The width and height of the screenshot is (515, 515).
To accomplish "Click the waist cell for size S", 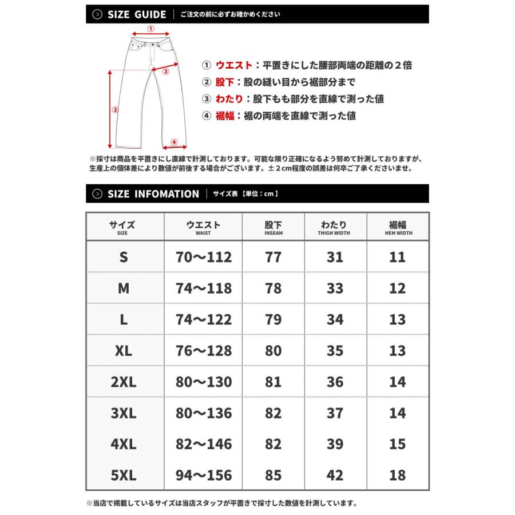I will pyautogui.click(x=203, y=257).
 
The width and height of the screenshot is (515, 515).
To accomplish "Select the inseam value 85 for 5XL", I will pyautogui.click(x=274, y=475).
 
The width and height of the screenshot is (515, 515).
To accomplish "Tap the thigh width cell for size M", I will pyautogui.click(x=335, y=288).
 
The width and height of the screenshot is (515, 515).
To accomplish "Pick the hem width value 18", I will pyautogui.click(x=397, y=475).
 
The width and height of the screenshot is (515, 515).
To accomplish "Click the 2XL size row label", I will pyautogui.click(x=124, y=382).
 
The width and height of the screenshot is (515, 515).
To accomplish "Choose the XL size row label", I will pyautogui.click(x=124, y=351).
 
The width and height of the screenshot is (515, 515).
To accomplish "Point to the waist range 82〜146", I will pyautogui.click(x=203, y=444).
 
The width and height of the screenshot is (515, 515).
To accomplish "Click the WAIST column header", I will pyautogui.click(x=203, y=228).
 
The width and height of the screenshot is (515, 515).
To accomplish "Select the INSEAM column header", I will pyautogui.click(x=274, y=228).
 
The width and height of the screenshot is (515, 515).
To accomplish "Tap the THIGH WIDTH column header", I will pyautogui.click(x=335, y=228).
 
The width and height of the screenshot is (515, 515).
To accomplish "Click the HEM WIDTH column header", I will pyautogui.click(x=397, y=228).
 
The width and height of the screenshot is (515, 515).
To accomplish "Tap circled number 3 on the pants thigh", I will pyautogui.click(x=166, y=72).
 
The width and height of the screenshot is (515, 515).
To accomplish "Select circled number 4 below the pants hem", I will pyautogui.click(x=175, y=142).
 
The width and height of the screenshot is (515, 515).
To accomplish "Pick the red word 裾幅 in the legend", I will pyautogui.click(x=226, y=116).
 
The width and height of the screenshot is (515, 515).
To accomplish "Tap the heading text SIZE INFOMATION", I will pyautogui.click(x=153, y=194).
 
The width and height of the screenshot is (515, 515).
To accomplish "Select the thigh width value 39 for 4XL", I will pyautogui.click(x=335, y=444).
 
